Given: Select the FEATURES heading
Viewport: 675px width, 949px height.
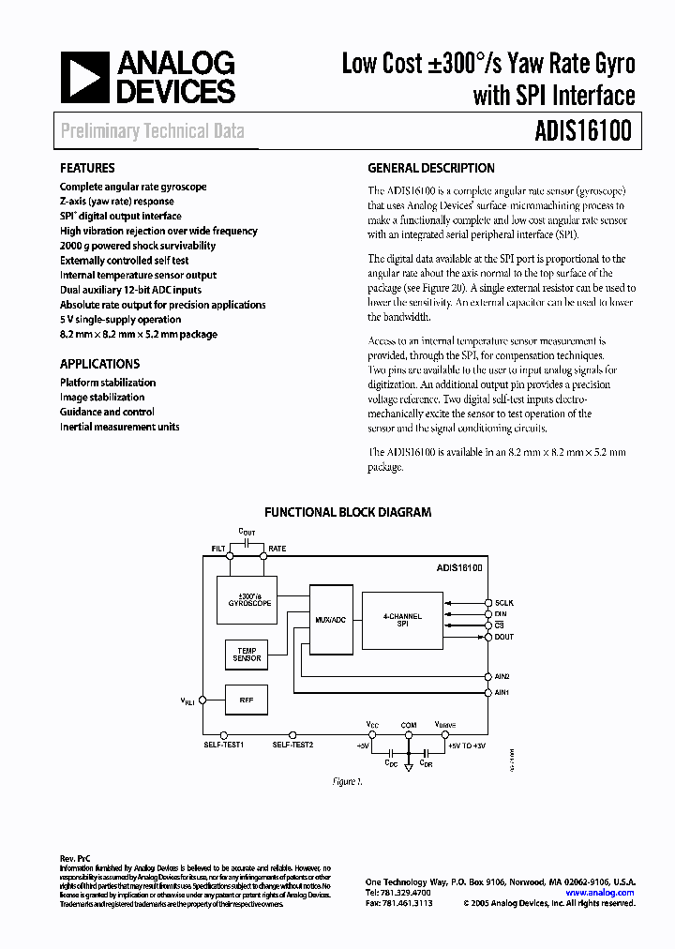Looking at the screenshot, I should click(88, 169).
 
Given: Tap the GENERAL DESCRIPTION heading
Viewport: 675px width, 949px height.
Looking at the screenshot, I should click(430, 169).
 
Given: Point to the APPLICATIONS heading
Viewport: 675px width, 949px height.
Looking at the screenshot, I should click(99, 364).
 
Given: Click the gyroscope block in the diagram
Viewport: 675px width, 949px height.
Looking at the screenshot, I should click(255, 600).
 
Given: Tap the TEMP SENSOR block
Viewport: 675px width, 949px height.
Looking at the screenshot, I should click(247, 655).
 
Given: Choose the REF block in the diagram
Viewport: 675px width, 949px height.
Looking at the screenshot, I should click(247, 699).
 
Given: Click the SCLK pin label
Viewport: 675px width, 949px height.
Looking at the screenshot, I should click(504, 602).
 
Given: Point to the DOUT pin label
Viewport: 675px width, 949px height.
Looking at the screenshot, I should click(504, 637).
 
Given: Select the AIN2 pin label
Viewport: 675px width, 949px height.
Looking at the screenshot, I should click(503, 675).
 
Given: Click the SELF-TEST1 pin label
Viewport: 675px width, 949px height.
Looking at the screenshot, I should click(224, 745).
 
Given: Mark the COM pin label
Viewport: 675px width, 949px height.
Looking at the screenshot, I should click(409, 724).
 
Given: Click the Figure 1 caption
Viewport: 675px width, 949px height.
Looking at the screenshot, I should click(346, 781).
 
